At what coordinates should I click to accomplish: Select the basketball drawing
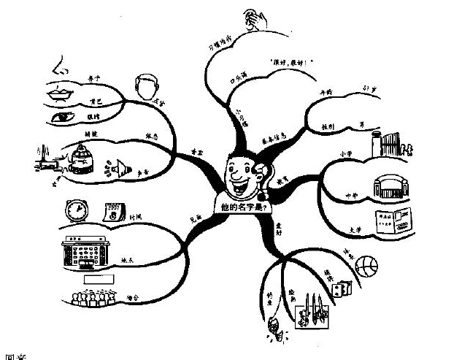coord(367,265)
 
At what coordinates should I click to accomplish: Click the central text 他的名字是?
coord(242,206)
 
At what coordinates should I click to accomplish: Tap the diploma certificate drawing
coord(392,223)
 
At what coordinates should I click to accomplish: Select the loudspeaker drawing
coord(112,169)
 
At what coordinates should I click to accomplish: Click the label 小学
coord(346,153)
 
